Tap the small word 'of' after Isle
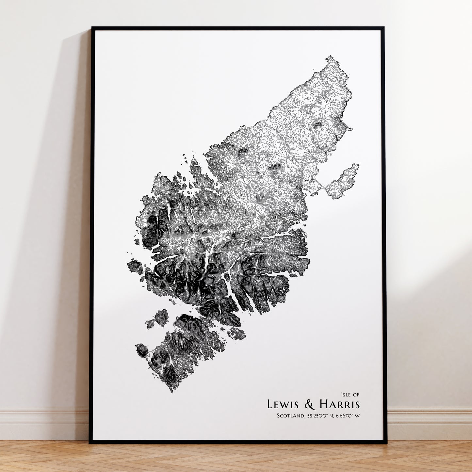[356, 395]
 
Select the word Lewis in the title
[283, 404]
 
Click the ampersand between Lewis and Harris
[310, 404]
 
